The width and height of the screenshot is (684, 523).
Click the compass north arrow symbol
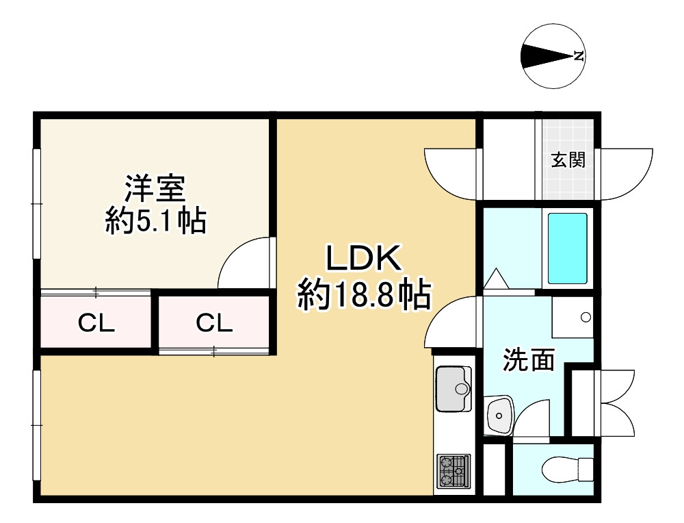[x=547, y=56]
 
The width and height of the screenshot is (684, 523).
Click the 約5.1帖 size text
[x=155, y=221]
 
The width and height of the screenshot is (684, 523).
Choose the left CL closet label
[x=96, y=322]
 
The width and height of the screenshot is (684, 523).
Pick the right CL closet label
[x=214, y=322]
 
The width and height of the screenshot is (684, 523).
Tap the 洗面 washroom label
[x=529, y=360]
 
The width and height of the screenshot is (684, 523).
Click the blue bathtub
[x=567, y=248]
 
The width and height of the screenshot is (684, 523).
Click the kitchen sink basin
[x=453, y=388]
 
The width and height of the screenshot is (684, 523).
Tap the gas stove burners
[x=453, y=470]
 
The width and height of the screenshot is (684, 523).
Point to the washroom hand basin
[x=499, y=414]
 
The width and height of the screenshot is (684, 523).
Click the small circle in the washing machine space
[x=586, y=317]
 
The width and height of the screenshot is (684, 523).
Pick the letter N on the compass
[x=579, y=56]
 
